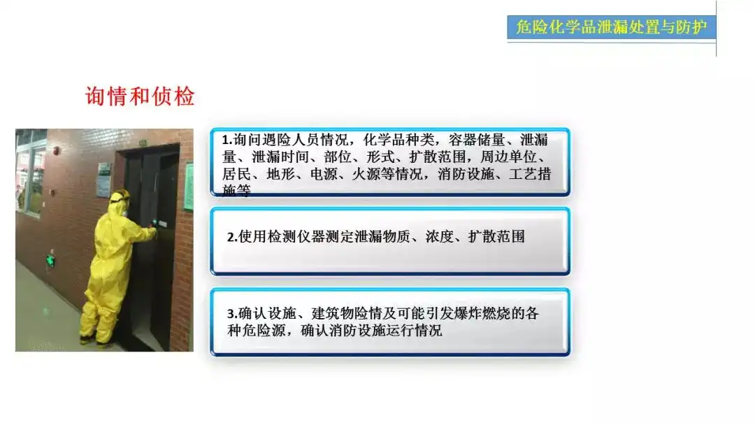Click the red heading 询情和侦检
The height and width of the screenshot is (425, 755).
[x=140, y=96]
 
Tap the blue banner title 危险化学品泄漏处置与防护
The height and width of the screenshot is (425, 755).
[x=612, y=27]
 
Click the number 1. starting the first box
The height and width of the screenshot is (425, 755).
[x=227, y=140]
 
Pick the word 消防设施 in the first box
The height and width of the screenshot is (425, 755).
[x=466, y=174]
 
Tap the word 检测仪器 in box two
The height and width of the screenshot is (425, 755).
[x=296, y=237]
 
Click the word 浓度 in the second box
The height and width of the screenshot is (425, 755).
[x=439, y=237]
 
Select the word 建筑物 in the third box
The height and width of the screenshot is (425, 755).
[x=332, y=314]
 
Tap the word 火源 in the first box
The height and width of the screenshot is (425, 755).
[x=366, y=174]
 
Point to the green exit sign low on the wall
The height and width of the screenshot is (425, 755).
[x=50, y=261]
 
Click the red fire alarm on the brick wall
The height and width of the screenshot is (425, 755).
[x=57, y=151]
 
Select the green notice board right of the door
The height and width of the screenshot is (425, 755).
[x=189, y=187]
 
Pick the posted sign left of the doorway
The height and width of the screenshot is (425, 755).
[x=104, y=180]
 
